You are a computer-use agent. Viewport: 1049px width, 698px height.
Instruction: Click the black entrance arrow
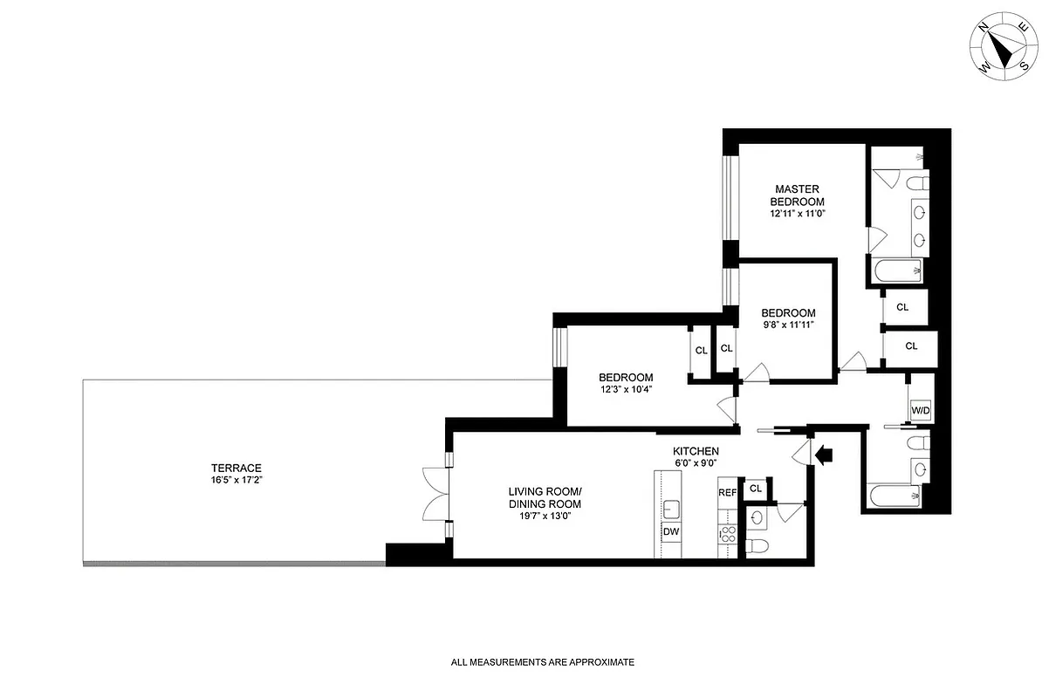823,453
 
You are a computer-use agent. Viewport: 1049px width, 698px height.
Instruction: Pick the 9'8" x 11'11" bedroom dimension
788,326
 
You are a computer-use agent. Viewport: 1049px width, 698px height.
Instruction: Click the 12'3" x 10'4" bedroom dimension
625,390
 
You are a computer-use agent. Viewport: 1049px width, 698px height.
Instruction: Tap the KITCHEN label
696,451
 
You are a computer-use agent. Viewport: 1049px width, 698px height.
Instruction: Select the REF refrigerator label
727,493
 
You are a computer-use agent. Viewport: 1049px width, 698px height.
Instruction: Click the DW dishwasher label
670,531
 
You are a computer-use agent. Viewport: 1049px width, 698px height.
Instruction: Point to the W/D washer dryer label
920,410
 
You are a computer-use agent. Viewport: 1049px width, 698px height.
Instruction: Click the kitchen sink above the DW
670,509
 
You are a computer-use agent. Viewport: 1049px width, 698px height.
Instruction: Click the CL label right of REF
756,489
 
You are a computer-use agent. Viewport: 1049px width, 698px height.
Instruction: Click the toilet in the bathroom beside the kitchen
758,547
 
